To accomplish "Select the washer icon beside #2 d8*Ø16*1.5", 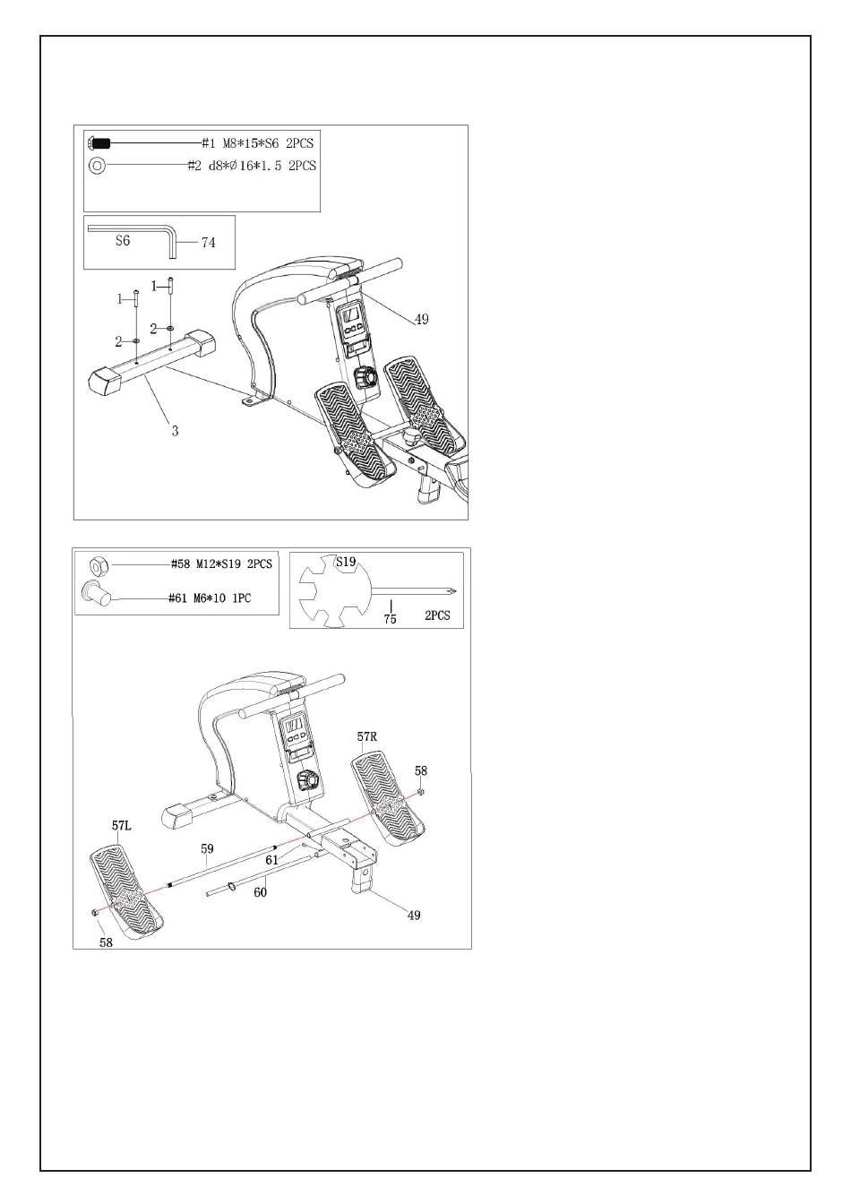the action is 97,166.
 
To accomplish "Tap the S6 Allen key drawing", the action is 134,230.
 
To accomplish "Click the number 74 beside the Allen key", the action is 208,242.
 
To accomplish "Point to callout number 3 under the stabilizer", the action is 176,431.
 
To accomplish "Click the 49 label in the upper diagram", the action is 421,320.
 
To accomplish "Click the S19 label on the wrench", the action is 346,563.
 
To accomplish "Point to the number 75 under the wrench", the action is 391,619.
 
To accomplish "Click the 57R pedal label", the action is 367,737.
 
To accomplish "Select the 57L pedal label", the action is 122,826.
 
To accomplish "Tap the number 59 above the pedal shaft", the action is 207,848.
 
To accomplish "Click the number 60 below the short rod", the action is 261,892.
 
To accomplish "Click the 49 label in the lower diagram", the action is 414,916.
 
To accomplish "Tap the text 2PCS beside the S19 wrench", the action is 438,617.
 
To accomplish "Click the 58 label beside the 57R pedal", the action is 421,770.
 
